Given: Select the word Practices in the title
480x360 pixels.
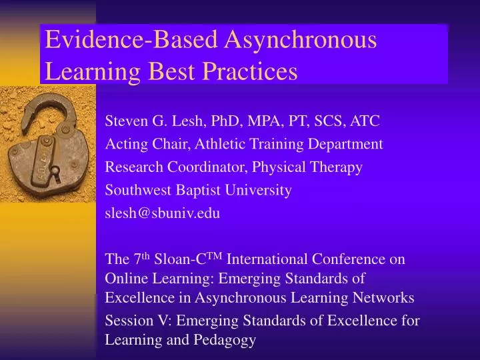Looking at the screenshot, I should click(247, 71).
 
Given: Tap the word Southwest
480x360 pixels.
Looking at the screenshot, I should click(133, 190).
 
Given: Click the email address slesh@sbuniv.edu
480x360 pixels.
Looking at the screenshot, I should click(163, 213).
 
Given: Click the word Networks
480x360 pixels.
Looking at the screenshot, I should click(386, 297).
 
